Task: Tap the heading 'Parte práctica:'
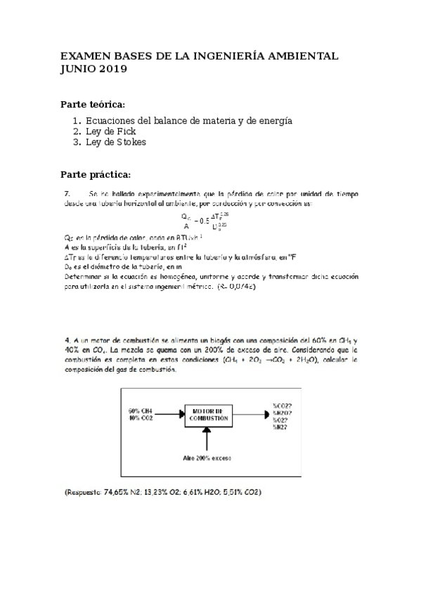coord(96,174)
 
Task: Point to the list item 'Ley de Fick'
coord(110,131)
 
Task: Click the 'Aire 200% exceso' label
coord(208,458)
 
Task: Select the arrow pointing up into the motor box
coord(208,439)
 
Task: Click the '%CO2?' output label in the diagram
coord(283,406)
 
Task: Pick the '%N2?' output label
coord(280,427)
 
